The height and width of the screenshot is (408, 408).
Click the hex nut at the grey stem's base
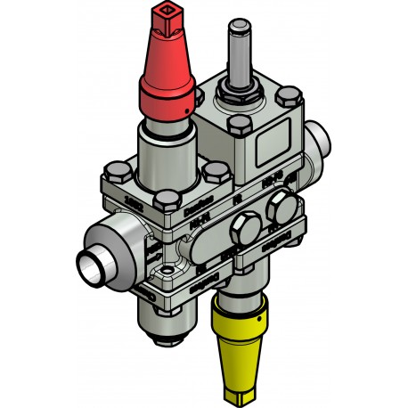241,89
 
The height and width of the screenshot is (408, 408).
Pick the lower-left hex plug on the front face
240,234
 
